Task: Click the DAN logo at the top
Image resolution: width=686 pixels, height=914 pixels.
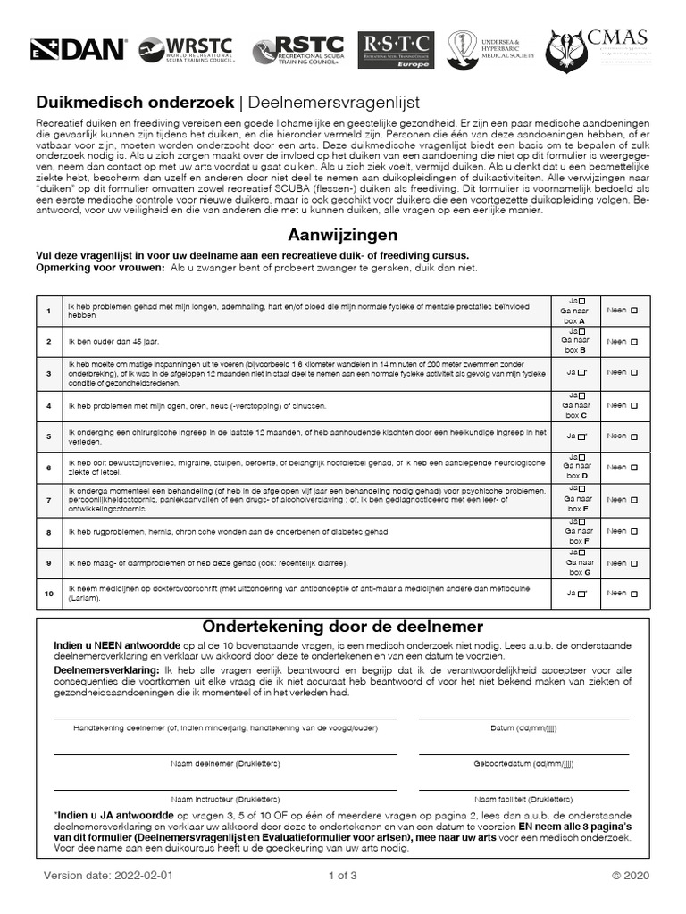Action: (79, 50)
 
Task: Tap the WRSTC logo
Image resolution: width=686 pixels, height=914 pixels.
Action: (187, 50)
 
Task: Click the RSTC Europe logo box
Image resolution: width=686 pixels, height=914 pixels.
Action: (396, 50)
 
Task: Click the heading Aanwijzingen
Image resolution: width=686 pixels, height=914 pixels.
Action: (342, 236)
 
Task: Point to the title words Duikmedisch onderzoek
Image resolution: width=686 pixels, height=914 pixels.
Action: (134, 102)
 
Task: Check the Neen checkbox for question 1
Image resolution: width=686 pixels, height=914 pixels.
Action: (634, 311)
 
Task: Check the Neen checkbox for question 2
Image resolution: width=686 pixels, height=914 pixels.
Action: (634, 342)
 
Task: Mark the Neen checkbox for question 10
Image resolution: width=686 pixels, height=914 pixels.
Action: (634, 593)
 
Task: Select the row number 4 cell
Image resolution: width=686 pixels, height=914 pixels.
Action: (49, 405)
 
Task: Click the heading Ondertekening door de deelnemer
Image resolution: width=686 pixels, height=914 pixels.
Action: (343, 627)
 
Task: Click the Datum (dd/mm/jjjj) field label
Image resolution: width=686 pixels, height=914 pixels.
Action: (523, 728)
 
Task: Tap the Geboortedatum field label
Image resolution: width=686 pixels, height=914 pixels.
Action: (523, 763)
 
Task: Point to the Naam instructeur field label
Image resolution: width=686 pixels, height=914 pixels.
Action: (218, 799)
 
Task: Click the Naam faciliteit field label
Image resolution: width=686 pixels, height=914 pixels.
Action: (523, 799)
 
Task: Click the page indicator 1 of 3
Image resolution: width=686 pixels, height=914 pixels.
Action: (343, 875)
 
